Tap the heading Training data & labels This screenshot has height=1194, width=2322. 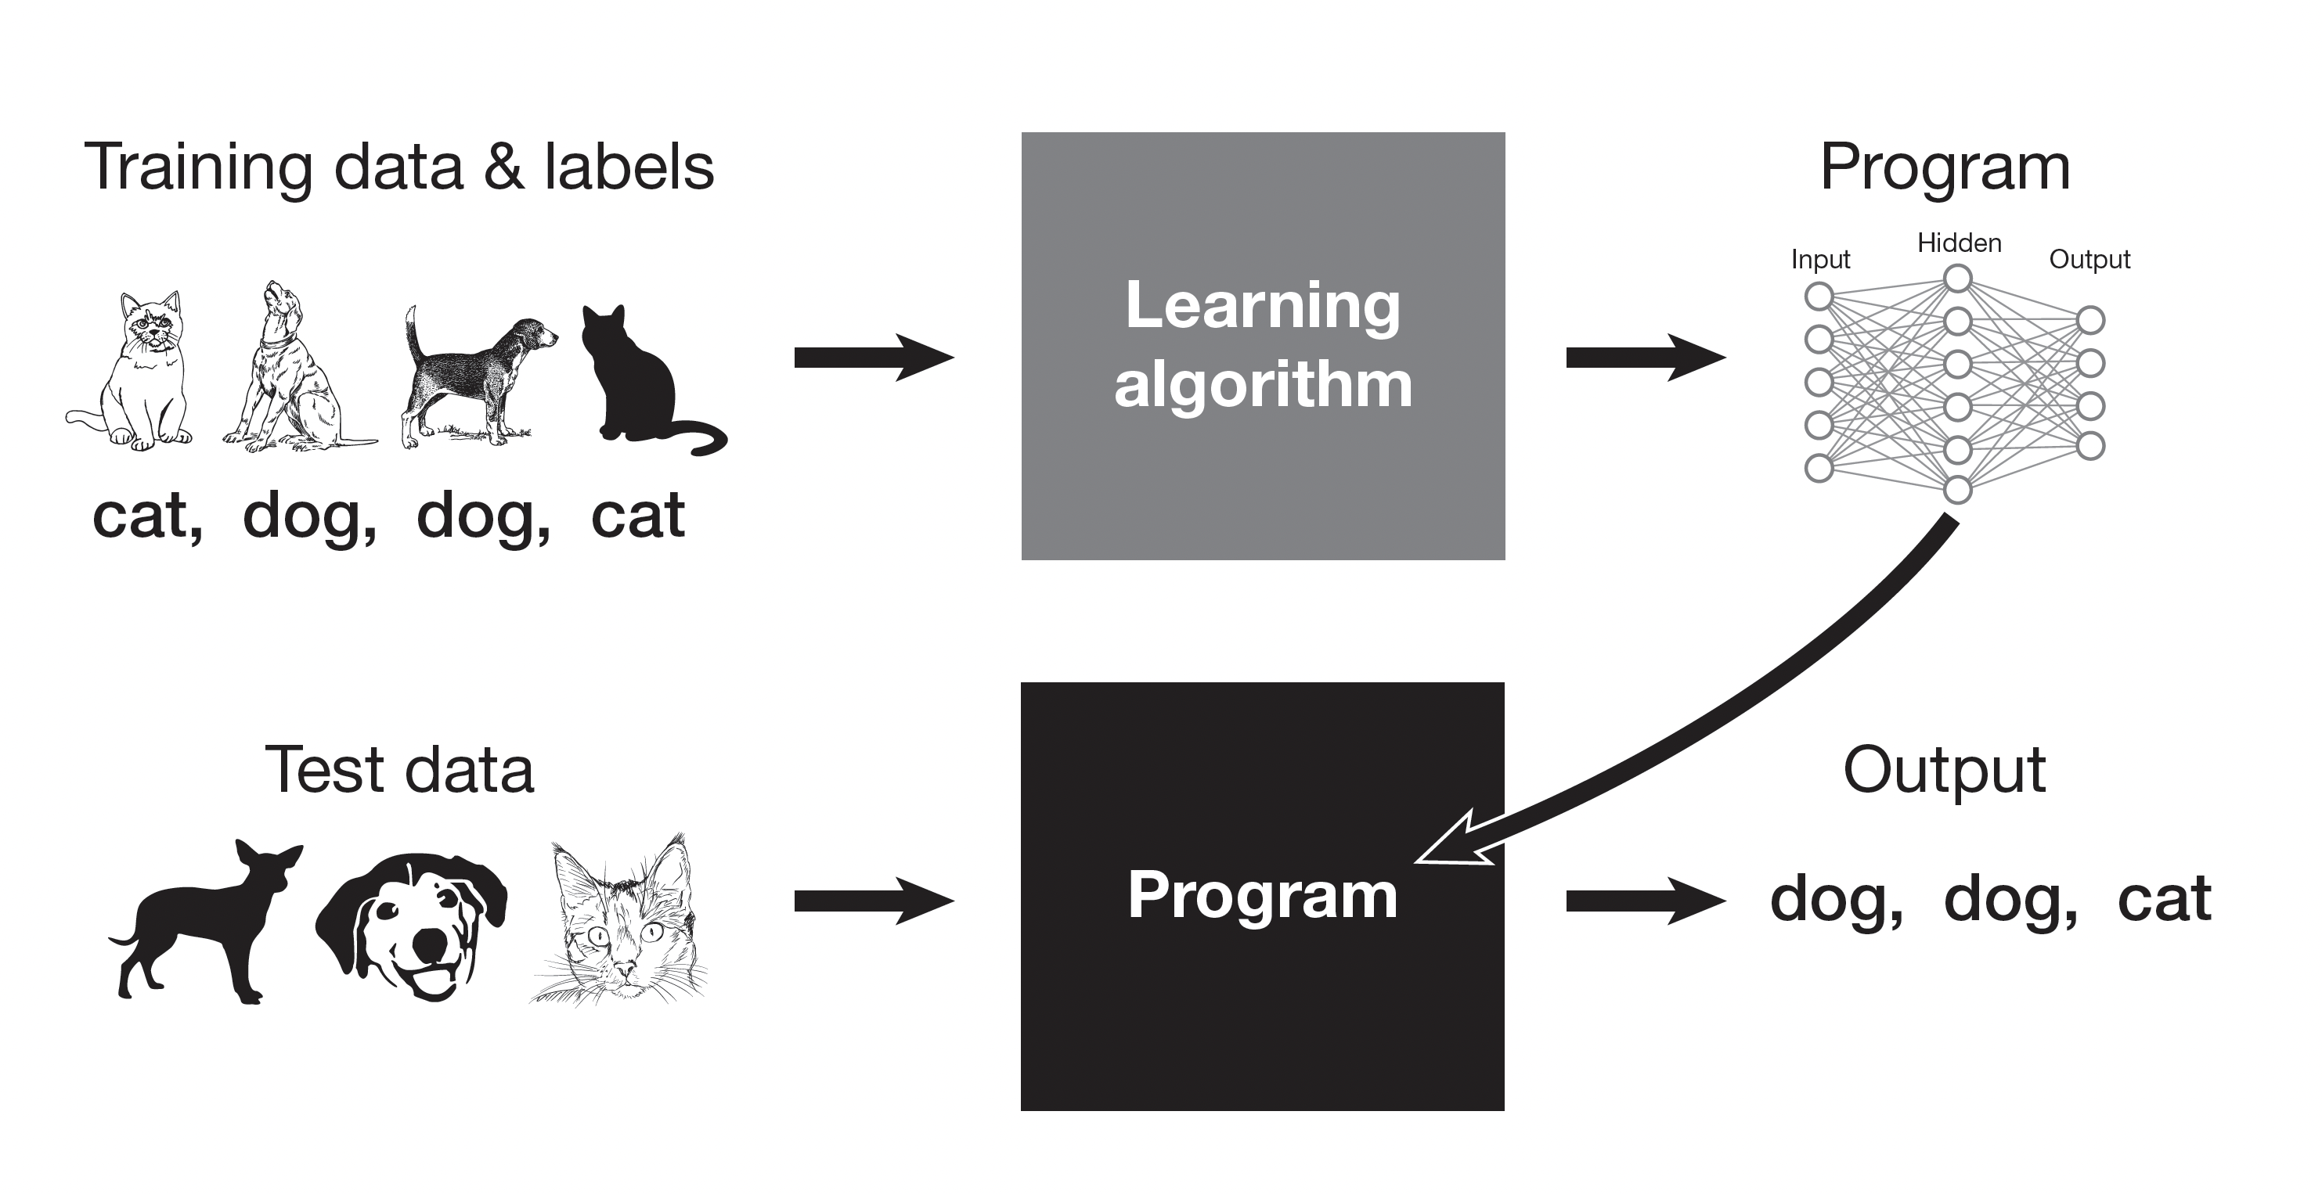point(398,167)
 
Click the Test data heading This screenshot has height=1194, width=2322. point(398,771)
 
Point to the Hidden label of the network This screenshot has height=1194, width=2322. point(1959,243)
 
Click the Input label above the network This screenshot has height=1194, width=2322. point(1820,260)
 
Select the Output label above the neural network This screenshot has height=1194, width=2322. point(2089,260)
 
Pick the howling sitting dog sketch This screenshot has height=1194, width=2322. point(288,369)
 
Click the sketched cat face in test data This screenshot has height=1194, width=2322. point(622,923)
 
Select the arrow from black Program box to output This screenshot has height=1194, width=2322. point(1644,901)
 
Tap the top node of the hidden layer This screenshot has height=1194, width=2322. point(1958,279)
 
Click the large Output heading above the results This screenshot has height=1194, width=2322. point(1945,771)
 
